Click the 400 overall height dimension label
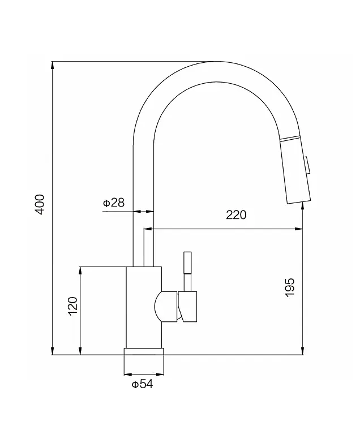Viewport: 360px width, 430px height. point(41,204)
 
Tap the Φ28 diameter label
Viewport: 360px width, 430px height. point(114,203)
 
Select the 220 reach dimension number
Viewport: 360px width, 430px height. point(236,215)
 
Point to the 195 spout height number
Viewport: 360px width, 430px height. point(289,287)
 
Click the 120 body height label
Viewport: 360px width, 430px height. point(73,306)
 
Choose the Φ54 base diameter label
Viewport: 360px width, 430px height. point(142,384)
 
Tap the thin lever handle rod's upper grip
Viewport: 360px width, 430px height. point(188,263)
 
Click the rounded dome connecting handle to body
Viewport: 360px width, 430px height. point(165,306)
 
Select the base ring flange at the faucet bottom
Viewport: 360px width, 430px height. point(144,351)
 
